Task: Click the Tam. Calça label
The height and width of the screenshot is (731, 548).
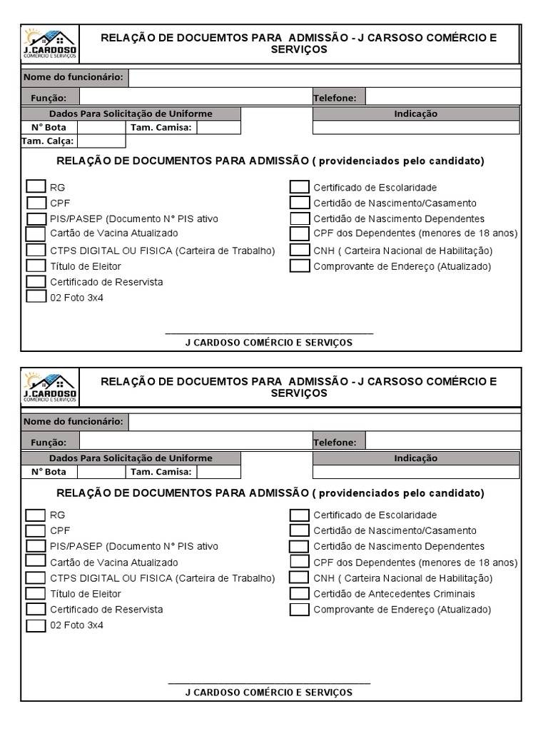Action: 48,141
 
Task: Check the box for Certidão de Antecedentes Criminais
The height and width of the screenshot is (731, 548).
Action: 300,593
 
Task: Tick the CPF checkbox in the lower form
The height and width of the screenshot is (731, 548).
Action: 36,530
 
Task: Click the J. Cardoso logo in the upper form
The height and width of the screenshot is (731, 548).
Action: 51,44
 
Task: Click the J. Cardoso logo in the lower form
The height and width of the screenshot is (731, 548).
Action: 51,388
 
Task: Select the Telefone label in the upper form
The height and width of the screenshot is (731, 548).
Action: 338,98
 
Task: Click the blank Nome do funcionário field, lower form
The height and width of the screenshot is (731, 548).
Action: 325,422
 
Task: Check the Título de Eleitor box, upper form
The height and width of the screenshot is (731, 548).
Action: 36,266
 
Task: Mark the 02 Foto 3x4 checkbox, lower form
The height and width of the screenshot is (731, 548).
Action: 36,625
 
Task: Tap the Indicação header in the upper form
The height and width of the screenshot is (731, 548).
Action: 416,114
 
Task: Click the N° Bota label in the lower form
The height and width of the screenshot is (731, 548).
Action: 49,471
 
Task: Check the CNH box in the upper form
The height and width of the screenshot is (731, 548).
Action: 300,250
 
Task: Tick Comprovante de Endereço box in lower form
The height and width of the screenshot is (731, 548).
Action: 300,609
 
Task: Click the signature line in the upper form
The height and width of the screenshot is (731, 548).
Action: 269,333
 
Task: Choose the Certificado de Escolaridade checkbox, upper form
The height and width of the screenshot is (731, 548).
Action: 300,187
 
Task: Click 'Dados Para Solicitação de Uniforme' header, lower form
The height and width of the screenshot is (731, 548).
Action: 131,458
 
